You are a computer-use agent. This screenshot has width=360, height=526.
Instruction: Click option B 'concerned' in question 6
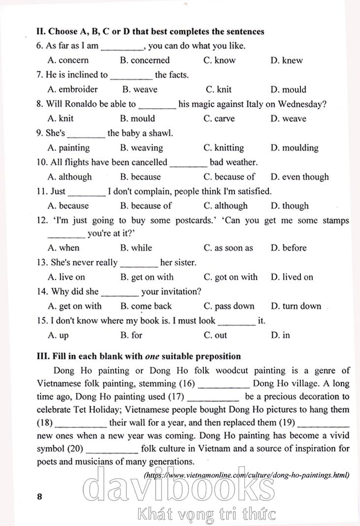144,61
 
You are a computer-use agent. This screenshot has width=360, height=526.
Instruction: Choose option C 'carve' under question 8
219,119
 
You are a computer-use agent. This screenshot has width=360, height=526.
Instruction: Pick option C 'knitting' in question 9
223,148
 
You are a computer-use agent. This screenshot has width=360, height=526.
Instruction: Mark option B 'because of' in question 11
146,206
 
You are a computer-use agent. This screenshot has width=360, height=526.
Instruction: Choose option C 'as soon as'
228,248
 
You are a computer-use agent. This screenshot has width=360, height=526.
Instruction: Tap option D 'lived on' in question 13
292,277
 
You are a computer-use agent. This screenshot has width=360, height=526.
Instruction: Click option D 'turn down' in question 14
295,306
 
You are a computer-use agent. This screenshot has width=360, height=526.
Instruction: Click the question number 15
42,321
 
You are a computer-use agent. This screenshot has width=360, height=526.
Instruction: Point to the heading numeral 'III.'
41,356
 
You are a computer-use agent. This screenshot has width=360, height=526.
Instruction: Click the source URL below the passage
246,475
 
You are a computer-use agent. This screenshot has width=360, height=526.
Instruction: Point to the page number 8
40,496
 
